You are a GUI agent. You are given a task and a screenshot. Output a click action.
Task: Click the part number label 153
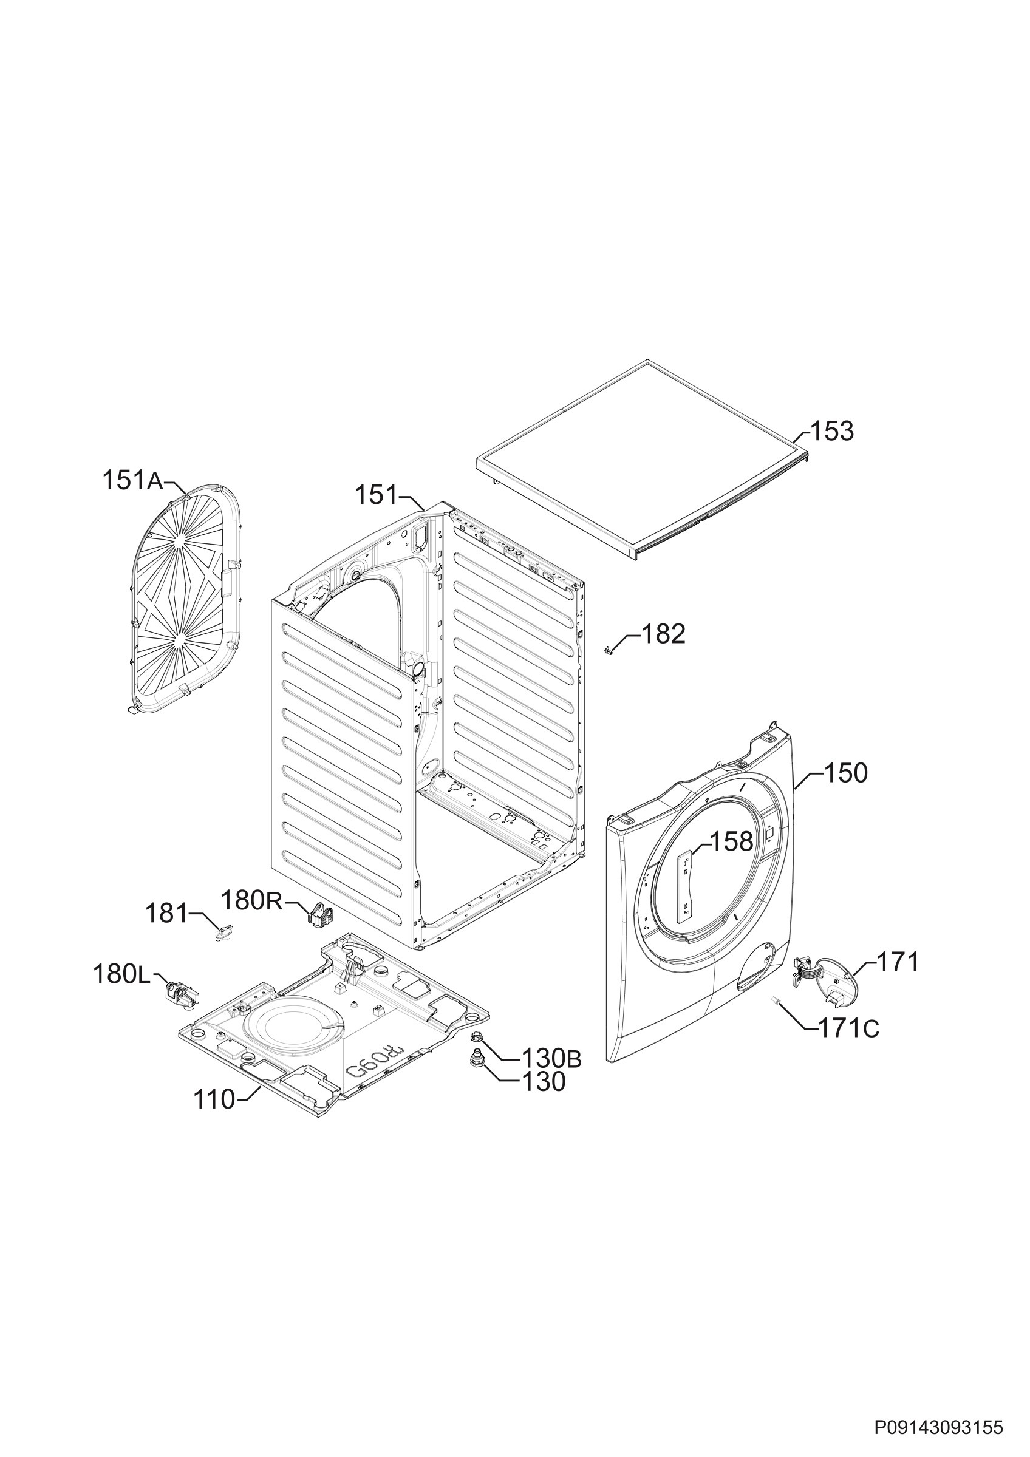pyautogui.click(x=832, y=432)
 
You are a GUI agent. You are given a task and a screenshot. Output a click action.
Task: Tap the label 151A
pyautogui.click(x=132, y=480)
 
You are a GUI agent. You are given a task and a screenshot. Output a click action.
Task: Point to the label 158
pyautogui.click(x=731, y=841)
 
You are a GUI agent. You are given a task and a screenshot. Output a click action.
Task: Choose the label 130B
pyautogui.click(x=551, y=1058)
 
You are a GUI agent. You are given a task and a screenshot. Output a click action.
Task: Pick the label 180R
pyautogui.click(x=251, y=899)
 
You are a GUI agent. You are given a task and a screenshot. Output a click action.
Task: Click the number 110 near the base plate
pyautogui.click(x=214, y=1099)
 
